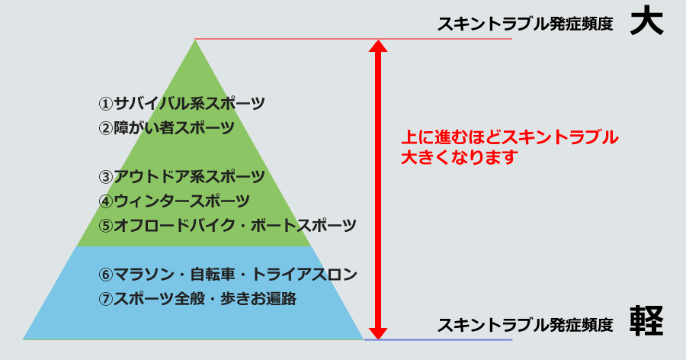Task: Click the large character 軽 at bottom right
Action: click(646, 321)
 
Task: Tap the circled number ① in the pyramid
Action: click(106, 104)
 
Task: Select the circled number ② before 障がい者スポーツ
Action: click(106, 128)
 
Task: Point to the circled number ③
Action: click(106, 178)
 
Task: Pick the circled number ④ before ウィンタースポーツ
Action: click(106, 201)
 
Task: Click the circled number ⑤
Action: click(106, 226)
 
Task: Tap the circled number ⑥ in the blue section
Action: click(106, 275)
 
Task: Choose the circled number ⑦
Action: click(106, 299)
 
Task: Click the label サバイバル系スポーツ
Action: click(190, 104)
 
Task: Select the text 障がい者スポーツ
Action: click(174, 128)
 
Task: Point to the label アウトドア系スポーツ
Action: click(190, 177)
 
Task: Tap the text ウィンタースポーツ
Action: click(181, 201)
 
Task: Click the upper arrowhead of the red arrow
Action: click(378, 46)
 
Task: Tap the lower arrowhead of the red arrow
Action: click(378, 333)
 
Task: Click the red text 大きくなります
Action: click(460, 157)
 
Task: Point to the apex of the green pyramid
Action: click(195, 40)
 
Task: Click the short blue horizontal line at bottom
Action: click(438, 339)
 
